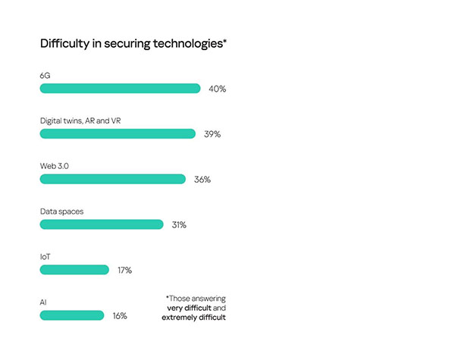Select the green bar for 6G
tap(120, 89)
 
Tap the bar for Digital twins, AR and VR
tap(118, 133)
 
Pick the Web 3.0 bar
tap(112, 179)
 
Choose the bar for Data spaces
tap(102, 224)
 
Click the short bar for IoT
tap(74, 270)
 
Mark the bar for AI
tap(72, 315)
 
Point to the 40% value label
tap(217, 89)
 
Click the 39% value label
tap(212, 134)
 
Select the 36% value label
tap(202, 180)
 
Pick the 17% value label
tap(124, 271)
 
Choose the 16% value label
tap(119, 316)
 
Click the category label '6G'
tap(45, 75)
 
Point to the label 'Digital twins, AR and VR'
tap(80, 121)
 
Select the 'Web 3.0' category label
tap(55, 166)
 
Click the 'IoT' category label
tap(45, 257)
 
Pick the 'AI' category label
tap(44, 302)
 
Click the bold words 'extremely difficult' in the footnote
tap(193, 318)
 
